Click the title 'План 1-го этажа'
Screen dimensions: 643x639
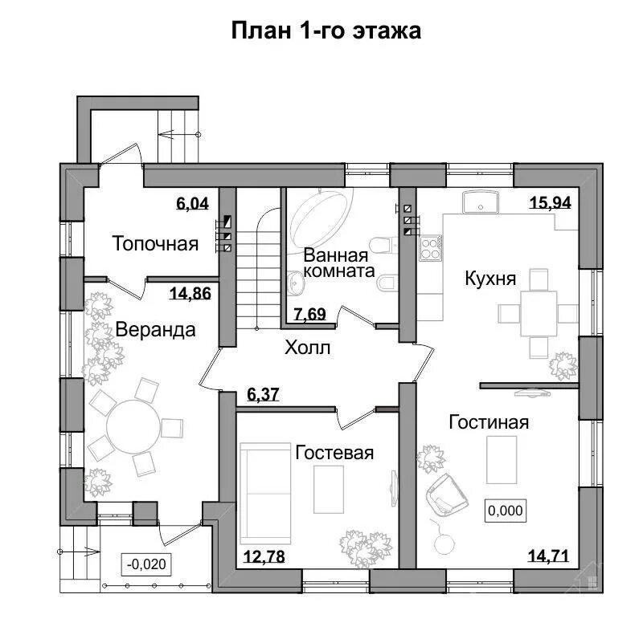click(326, 31)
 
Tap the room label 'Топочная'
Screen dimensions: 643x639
click(155, 244)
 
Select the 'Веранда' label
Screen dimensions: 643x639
click(155, 330)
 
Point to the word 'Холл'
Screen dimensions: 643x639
click(308, 348)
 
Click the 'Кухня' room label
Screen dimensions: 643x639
click(490, 279)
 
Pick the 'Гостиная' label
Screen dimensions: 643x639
click(489, 422)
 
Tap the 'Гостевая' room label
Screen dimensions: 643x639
click(334, 453)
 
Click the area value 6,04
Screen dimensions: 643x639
click(192, 203)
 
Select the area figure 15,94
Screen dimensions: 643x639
click(551, 202)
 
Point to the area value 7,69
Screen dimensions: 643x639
click(310, 314)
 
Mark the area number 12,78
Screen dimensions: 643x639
click(264, 556)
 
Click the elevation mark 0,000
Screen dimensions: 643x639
click(506, 511)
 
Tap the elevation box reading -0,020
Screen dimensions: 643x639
click(146, 564)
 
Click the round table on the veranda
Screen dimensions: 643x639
click(133, 426)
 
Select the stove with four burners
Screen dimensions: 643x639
click(430, 249)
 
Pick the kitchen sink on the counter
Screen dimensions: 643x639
click(480, 202)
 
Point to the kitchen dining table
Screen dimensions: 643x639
click(539, 313)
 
